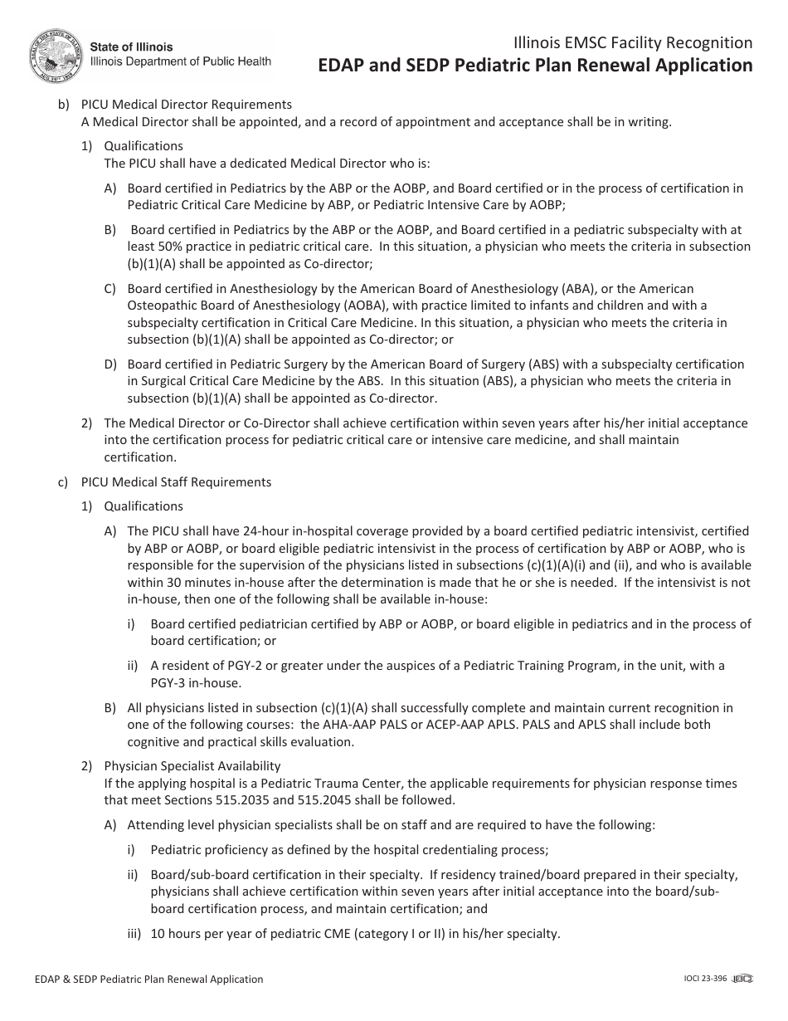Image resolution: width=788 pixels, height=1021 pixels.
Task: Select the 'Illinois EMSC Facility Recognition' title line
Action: pos(633,43)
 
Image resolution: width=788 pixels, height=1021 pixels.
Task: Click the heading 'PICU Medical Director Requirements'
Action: pos(186,105)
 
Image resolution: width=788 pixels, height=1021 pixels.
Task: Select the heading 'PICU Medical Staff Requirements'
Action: pos(176,481)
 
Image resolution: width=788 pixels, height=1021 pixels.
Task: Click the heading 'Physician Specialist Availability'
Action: pos(192,766)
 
